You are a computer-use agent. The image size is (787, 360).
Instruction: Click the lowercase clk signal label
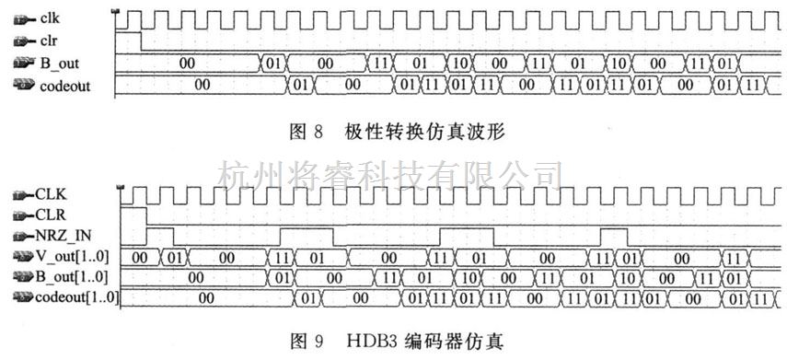(x=52, y=17)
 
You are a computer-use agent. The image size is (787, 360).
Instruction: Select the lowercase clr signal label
(x=50, y=41)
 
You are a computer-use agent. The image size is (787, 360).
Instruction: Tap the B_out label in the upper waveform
(x=58, y=64)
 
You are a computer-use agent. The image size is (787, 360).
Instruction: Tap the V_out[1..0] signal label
(x=75, y=256)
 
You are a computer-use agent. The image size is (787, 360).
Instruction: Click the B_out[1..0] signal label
(x=75, y=276)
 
